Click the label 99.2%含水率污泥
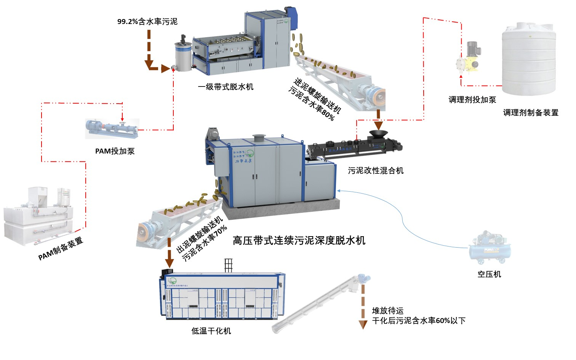click(x=147, y=22)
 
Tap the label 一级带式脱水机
click(x=226, y=87)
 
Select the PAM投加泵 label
click(x=115, y=151)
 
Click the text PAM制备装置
click(x=61, y=249)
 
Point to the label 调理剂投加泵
click(x=472, y=100)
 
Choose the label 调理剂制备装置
click(x=530, y=113)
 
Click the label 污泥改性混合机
click(x=375, y=171)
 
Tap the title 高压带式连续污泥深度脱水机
click(x=299, y=240)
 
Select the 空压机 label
click(x=489, y=274)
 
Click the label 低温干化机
click(x=211, y=331)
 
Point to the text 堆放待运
click(x=387, y=311)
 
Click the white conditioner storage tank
click(x=528, y=59)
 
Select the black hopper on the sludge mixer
click(x=378, y=134)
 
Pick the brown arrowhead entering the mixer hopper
click(x=378, y=125)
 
